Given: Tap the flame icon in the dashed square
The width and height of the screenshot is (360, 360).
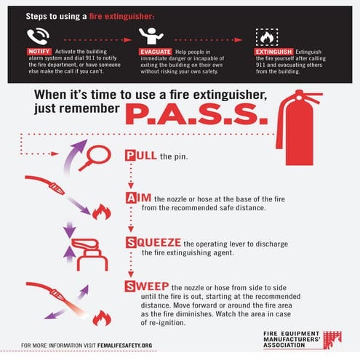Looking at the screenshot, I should (x=265, y=36).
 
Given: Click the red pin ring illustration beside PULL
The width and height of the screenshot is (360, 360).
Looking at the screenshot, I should (x=94, y=156).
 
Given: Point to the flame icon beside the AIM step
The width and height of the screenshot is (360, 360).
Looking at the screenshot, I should (x=101, y=212).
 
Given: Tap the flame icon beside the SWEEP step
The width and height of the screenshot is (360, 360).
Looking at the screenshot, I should (x=101, y=318).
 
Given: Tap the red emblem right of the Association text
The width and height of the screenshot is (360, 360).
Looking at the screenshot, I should (x=332, y=340).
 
